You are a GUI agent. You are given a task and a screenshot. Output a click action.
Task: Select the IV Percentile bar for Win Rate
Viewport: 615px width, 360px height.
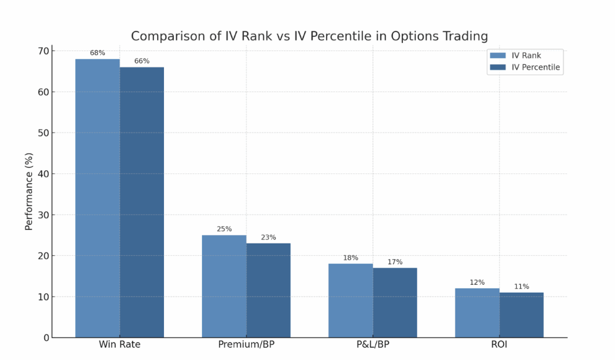click(142, 202)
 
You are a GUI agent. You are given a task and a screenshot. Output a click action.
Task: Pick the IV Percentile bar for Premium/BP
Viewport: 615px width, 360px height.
click(268, 290)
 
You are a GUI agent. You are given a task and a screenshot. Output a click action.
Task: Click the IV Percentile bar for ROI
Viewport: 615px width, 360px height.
click(521, 315)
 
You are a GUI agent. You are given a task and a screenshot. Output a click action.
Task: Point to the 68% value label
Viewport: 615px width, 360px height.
click(97, 53)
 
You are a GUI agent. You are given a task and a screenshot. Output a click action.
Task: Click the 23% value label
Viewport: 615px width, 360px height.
click(268, 237)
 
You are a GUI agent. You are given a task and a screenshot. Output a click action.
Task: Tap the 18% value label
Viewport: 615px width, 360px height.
click(351, 257)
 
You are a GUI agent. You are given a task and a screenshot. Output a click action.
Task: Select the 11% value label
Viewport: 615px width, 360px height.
click(521, 286)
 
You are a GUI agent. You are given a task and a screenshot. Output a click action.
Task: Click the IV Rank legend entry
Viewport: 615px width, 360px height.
click(523, 56)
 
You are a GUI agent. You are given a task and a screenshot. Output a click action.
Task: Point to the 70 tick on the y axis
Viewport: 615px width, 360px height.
click(43, 51)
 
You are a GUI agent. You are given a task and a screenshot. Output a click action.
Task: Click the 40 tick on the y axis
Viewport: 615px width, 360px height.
click(43, 174)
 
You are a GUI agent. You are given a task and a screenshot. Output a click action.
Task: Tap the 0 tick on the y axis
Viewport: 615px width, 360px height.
click(46, 337)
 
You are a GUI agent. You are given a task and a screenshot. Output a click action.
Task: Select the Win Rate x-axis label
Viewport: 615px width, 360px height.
click(119, 344)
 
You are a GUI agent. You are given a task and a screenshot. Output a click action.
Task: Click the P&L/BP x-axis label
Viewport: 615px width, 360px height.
click(373, 344)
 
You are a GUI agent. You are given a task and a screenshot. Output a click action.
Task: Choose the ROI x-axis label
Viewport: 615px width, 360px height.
click(499, 344)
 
